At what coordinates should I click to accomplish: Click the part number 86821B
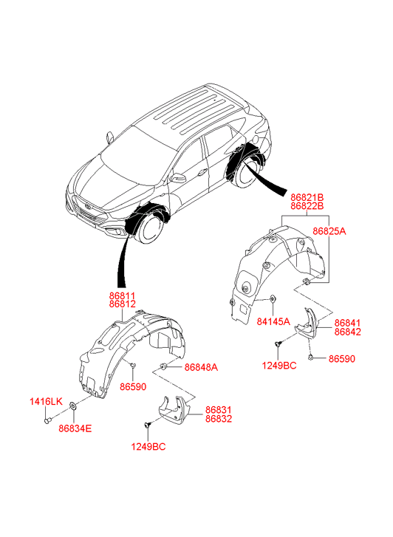[x=307, y=197]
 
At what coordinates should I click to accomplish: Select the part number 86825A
[x=329, y=231]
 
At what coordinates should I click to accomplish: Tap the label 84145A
[x=273, y=321]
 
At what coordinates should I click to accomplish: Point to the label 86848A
[x=201, y=367]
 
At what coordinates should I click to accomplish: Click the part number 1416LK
[x=46, y=401]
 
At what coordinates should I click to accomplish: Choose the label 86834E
[x=75, y=428]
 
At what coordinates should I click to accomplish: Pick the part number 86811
[x=123, y=295]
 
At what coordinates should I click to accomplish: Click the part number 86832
[x=219, y=419]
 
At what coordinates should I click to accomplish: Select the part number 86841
[x=347, y=323]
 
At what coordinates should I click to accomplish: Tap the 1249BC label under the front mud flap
[x=148, y=447]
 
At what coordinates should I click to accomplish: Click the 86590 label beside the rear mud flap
[x=342, y=358]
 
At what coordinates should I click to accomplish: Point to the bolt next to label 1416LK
[x=47, y=420]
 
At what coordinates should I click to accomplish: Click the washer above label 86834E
[x=73, y=406]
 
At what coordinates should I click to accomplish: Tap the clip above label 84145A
[x=273, y=299]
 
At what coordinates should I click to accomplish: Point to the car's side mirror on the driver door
[x=179, y=178]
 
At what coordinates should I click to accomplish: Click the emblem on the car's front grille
[x=88, y=206]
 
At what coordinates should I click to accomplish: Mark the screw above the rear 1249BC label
[x=278, y=343]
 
